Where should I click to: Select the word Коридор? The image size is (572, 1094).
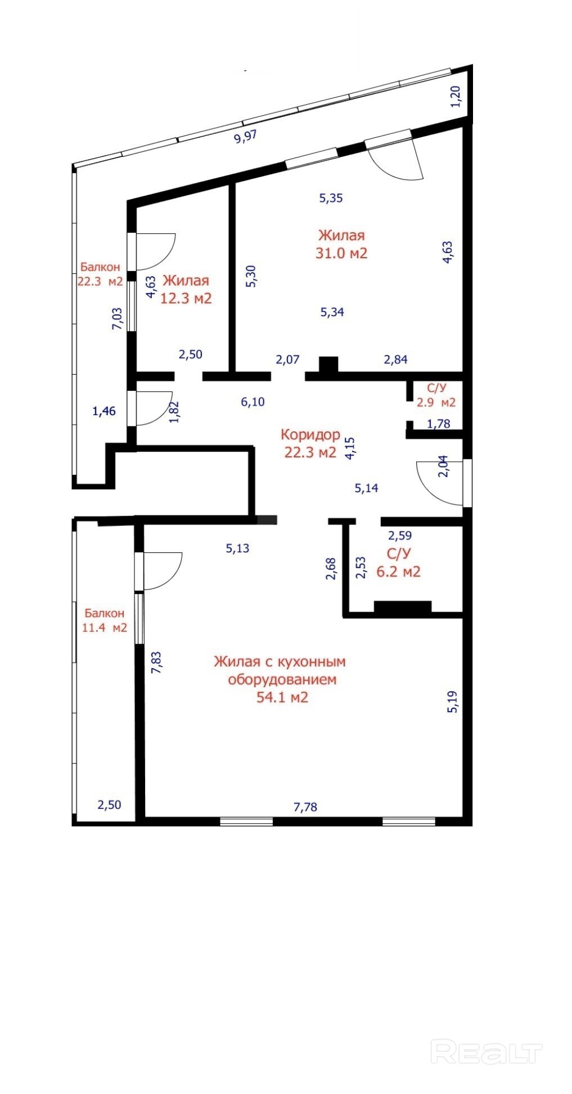pyautogui.click(x=310, y=434)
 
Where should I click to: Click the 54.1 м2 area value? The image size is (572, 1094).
pyautogui.click(x=282, y=697)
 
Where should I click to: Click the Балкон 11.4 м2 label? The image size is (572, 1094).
pyautogui.click(x=104, y=620)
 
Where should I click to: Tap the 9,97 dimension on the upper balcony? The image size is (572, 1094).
pyautogui.click(x=245, y=137)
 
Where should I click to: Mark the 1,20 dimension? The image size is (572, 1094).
pyautogui.click(x=456, y=96)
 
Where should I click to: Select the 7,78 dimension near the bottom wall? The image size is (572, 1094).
pyautogui.click(x=305, y=807)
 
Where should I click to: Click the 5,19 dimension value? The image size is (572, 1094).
pyautogui.click(x=452, y=702)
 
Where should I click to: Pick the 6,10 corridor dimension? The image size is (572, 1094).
pyautogui.click(x=253, y=402)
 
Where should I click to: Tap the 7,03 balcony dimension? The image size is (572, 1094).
pyautogui.click(x=118, y=318)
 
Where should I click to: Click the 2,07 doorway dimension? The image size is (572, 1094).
pyautogui.click(x=287, y=359)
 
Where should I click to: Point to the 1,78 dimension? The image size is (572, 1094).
pyautogui.click(x=439, y=424)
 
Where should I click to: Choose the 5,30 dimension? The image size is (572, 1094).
pyautogui.click(x=251, y=277)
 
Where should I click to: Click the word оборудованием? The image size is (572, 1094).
pyautogui.click(x=282, y=679)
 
